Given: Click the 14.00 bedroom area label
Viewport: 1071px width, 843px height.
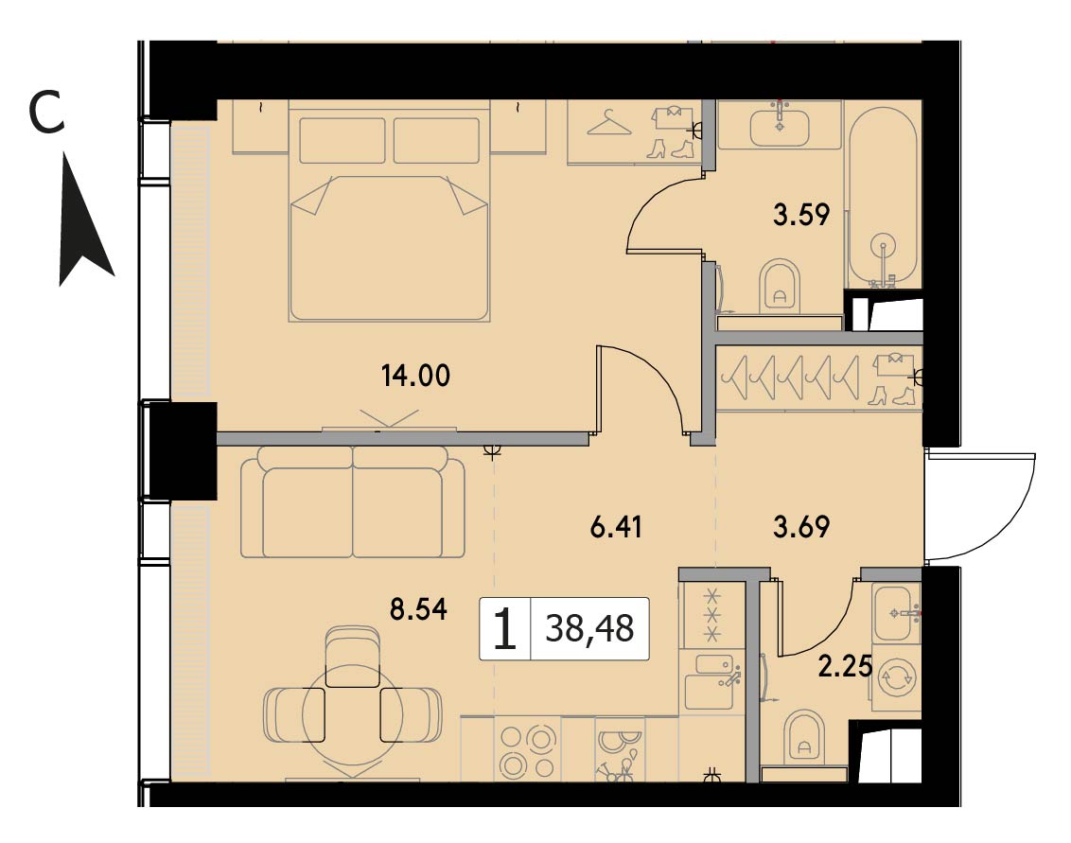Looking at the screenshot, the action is click(x=415, y=376).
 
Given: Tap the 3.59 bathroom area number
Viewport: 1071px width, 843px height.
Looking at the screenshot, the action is click(x=801, y=215).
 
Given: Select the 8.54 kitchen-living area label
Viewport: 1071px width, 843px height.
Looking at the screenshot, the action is click(x=418, y=608).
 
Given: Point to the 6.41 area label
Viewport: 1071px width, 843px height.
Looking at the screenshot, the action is click(x=615, y=527).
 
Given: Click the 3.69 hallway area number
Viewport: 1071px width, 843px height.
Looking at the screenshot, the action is click(x=801, y=527).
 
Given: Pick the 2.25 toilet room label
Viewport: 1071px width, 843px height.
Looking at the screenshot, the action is click(x=846, y=667).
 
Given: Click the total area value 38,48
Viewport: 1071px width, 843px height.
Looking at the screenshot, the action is click(x=589, y=628).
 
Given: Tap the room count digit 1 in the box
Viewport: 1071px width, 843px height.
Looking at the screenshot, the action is click(x=504, y=629).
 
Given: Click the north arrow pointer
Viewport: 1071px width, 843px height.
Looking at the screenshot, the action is click(x=82, y=225).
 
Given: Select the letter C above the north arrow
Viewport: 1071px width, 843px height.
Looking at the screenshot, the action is click(x=46, y=114).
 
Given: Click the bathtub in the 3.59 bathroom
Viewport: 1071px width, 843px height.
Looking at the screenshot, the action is click(x=882, y=198).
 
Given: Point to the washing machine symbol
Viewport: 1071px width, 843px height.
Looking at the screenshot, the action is click(x=896, y=678).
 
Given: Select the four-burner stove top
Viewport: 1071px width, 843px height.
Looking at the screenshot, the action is click(x=527, y=750).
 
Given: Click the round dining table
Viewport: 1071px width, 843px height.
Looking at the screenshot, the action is click(x=353, y=714).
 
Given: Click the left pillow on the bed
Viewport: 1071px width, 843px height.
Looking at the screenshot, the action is click(x=342, y=140).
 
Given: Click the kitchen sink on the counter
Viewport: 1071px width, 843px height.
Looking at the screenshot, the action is click(x=710, y=679).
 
